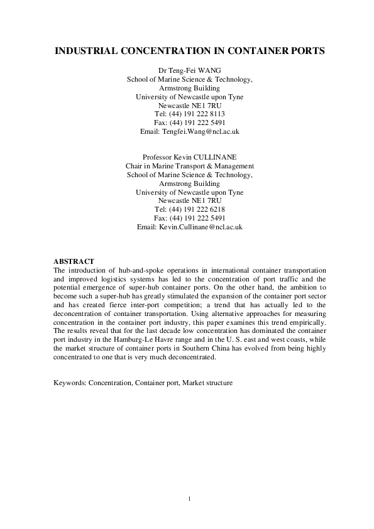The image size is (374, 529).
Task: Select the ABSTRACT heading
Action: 74,261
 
